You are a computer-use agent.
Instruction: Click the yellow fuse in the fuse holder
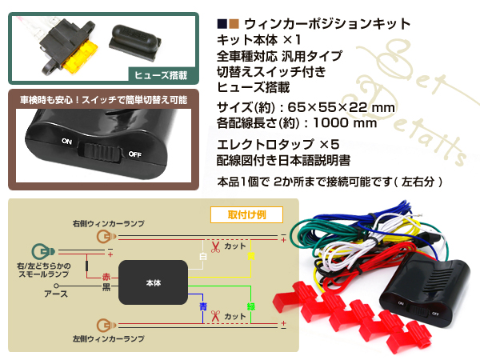(80, 57)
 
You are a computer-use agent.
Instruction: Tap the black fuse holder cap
(134, 42)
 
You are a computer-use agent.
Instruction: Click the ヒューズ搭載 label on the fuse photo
(161, 75)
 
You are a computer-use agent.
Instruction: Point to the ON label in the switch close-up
(66, 141)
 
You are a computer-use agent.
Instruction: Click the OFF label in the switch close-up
(134, 154)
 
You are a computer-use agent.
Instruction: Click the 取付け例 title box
(246, 215)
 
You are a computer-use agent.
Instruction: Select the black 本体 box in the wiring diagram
(153, 282)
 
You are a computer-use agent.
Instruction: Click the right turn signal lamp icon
(106, 237)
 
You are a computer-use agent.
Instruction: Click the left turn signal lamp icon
(106, 325)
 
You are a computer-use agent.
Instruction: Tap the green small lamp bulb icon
(43, 252)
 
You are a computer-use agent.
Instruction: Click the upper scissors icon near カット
(215, 246)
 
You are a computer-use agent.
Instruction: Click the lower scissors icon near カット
(215, 316)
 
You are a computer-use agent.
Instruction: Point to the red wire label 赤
(106, 278)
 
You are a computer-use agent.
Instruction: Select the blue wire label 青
(203, 306)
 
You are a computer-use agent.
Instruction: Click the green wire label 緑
(251, 306)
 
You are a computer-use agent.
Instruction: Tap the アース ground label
(56, 294)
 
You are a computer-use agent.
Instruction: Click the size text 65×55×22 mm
(341, 107)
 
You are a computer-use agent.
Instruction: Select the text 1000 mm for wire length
(345, 123)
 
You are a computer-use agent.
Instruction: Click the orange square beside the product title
(234, 24)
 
